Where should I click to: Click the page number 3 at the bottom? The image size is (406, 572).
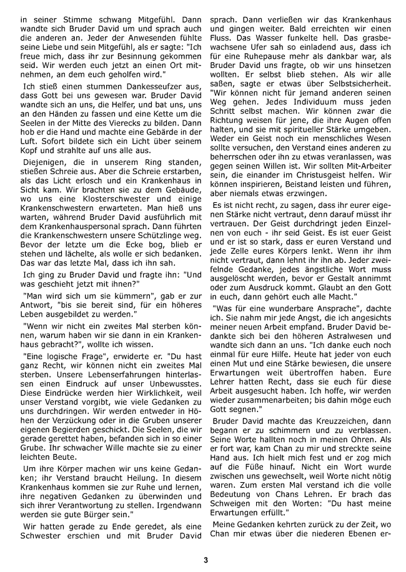pyautogui.click(x=205, y=559)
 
